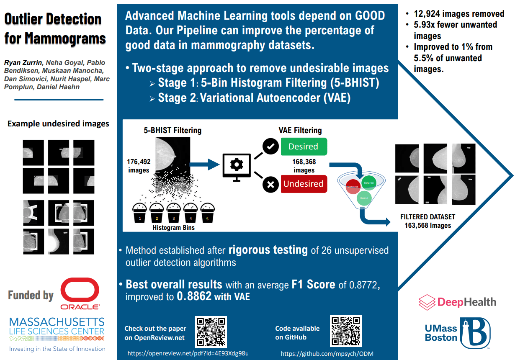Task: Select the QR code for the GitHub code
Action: pyautogui.click(x=346, y=332)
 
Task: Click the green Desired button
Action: pyautogui.click(x=303, y=147)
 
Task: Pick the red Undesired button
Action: pyautogui.click(x=303, y=183)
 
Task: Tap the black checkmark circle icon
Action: pyautogui.click(x=270, y=147)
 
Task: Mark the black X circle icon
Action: pyautogui.click(x=270, y=184)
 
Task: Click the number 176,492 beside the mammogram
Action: pyautogui.click(x=139, y=161)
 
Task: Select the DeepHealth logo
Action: pyautogui.click(x=457, y=302)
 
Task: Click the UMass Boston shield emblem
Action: pyautogui.click(x=475, y=332)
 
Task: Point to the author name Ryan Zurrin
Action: pyautogui.click(x=20, y=63)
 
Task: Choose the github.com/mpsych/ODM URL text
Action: pyautogui.click(x=327, y=353)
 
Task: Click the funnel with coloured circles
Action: pyautogui.click(x=363, y=188)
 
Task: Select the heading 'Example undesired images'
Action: pyautogui.click(x=58, y=123)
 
